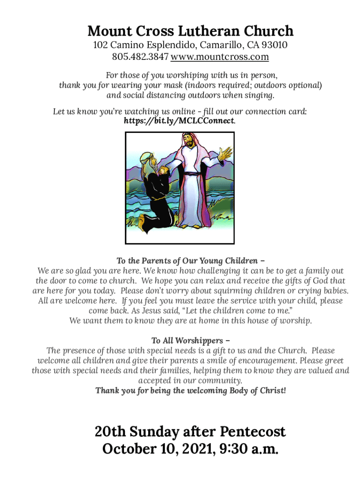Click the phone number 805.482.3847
click(140, 57)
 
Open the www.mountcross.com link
click(220, 57)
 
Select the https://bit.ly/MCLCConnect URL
click(179, 121)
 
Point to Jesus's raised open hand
click(226, 152)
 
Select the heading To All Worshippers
click(190, 341)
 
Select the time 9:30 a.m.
click(251, 450)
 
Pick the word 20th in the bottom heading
click(110, 431)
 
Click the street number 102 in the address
click(101, 45)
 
